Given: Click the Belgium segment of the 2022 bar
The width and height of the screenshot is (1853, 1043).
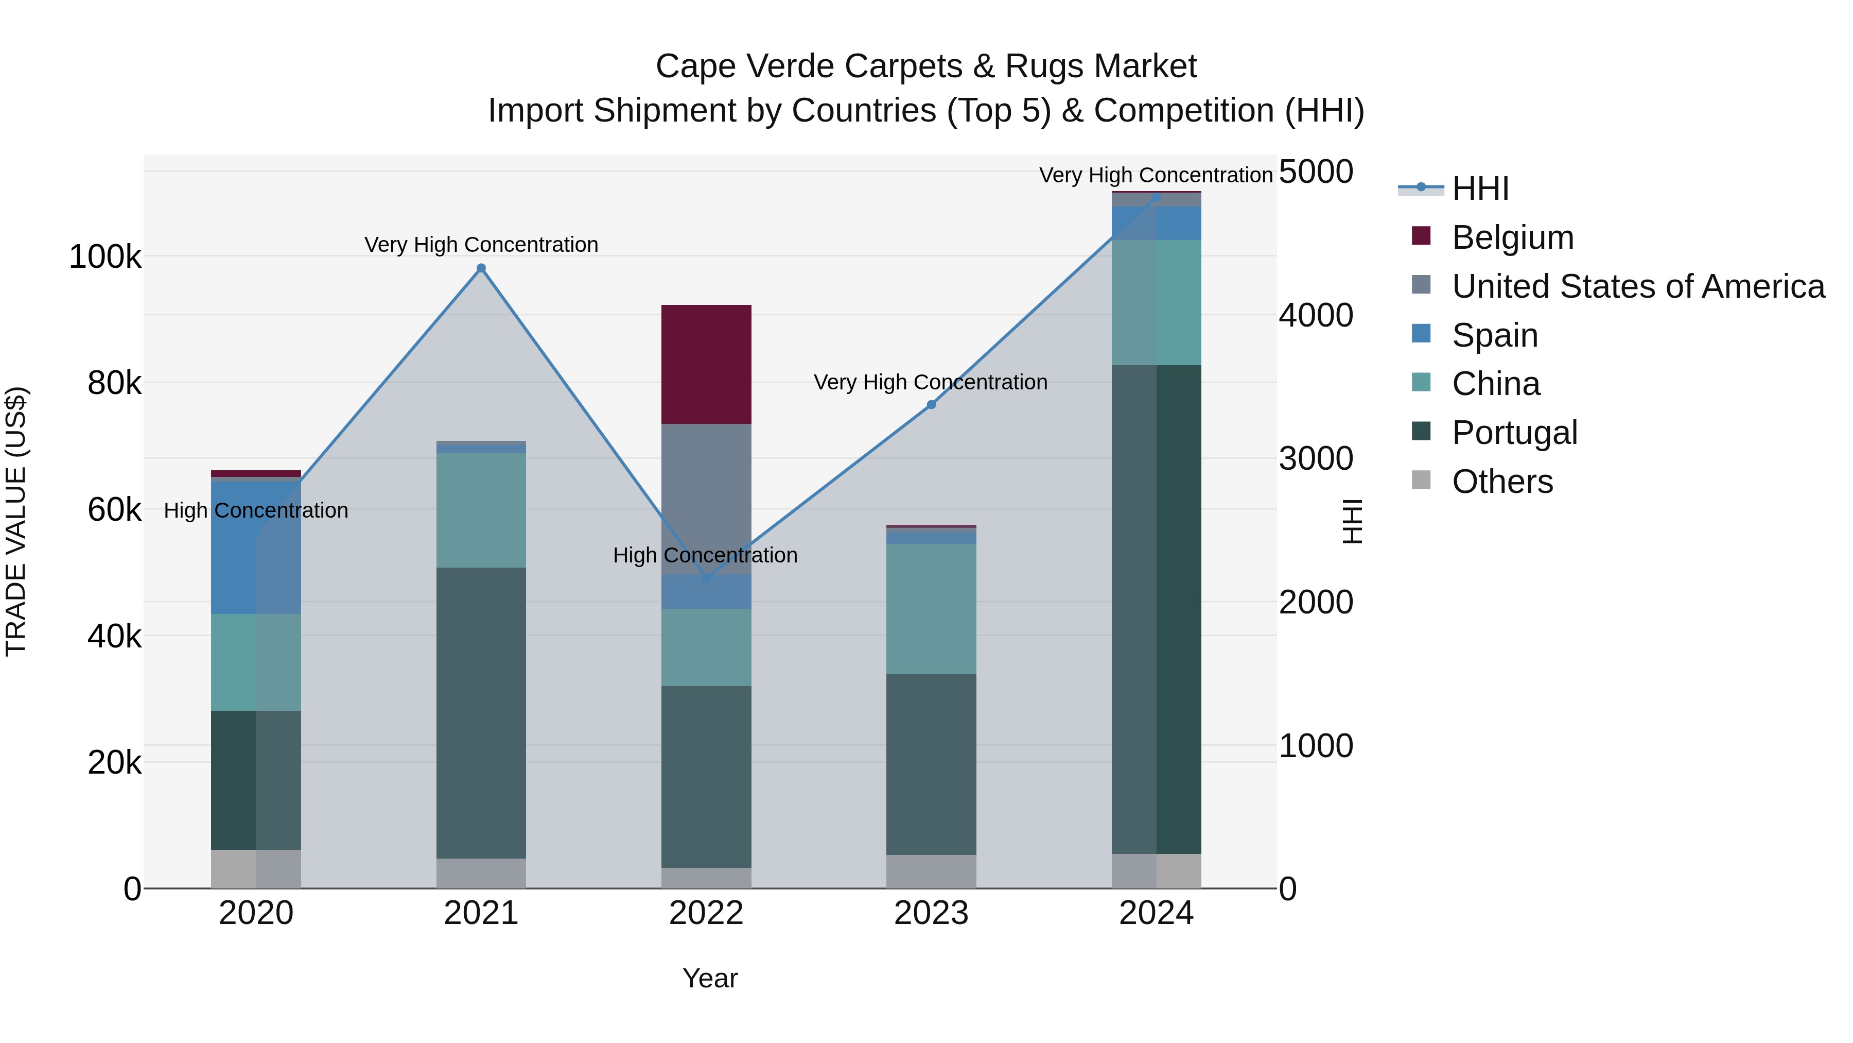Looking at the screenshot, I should (x=706, y=364).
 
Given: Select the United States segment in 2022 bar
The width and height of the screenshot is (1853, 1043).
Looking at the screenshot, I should (x=706, y=497).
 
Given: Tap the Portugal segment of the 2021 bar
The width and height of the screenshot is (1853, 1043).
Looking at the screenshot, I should (x=481, y=713).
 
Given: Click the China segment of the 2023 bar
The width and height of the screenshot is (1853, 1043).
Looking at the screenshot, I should (x=931, y=609).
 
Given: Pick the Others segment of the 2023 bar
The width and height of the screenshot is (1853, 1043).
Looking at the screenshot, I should (x=931, y=871).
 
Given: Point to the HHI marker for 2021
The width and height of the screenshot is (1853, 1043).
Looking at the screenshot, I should (x=481, y=268).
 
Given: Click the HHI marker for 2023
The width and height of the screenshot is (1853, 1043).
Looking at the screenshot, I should (x=931, y=404).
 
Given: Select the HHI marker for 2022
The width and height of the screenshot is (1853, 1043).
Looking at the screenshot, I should (x=706, y=578).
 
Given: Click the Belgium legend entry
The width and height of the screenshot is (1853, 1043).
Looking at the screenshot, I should (x=1512, y=237).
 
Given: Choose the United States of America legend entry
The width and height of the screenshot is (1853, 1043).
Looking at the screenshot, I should (x=1637, y=286).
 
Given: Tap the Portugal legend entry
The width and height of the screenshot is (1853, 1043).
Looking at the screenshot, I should (x=1514, y=433).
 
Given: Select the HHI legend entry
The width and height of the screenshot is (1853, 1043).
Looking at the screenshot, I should (x=1480, y=189).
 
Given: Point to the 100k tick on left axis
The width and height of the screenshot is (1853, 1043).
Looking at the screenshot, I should (x=105, y=257).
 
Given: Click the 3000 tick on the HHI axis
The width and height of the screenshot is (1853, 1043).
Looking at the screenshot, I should (x=1316, y=458).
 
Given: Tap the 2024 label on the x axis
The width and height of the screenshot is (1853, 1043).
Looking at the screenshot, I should (x=1156, y=913).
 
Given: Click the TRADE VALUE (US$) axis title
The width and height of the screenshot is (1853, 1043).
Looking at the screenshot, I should (x=16, y=521).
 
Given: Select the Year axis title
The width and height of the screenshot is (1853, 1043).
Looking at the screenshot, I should (x=710, y=978).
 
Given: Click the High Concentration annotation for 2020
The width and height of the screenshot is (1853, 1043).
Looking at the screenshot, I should (x=256, y=510).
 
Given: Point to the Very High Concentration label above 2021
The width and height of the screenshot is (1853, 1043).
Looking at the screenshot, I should (x=481, y=245).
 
